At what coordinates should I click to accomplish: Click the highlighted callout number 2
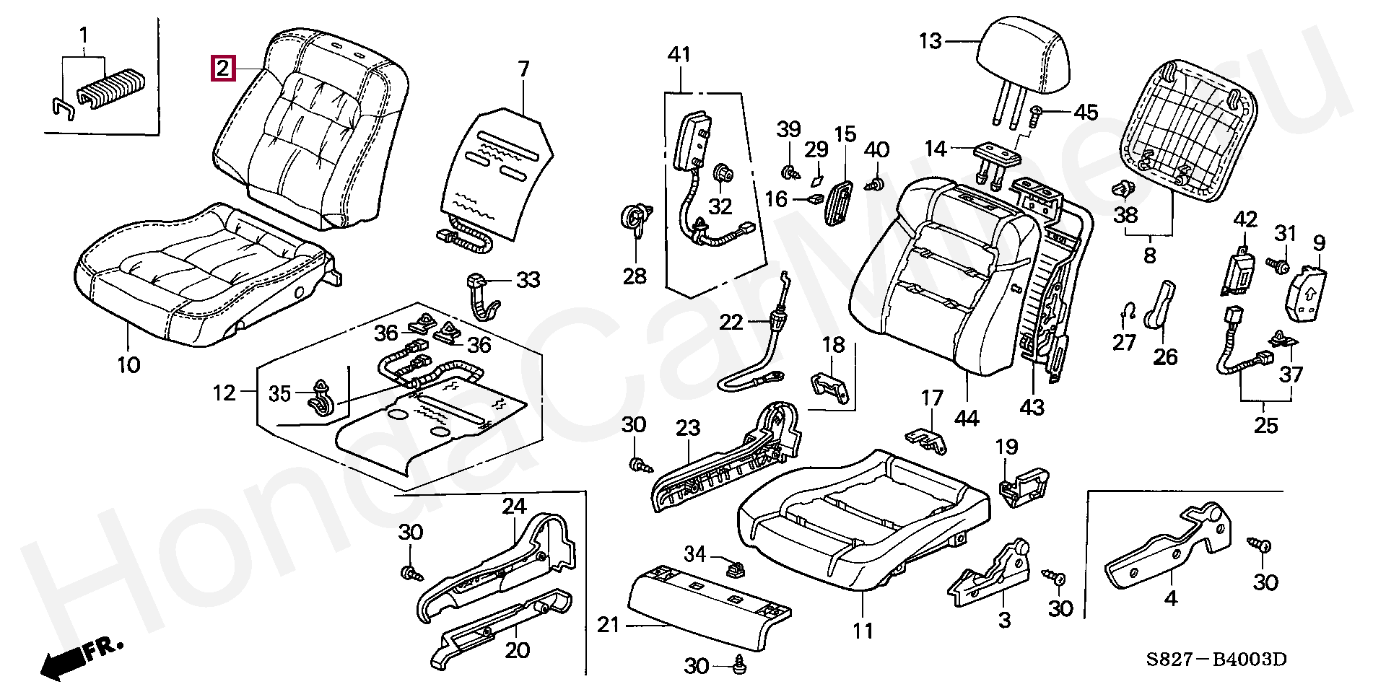[x=222, y=69]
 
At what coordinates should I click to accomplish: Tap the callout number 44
[x=967, y=418]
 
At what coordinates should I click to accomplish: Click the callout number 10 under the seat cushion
[x=128, y=365]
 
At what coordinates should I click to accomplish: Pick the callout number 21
[x=609, y=624]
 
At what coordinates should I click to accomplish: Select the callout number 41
[x=679, y=54]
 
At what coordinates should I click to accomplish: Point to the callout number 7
[x=523, y=69]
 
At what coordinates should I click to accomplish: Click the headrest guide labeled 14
[x=995, y=162]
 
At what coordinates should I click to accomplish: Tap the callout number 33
[x=528, y=280]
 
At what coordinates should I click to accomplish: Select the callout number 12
[x=225, y=393]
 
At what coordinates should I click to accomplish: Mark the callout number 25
[x=1265, y=425]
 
